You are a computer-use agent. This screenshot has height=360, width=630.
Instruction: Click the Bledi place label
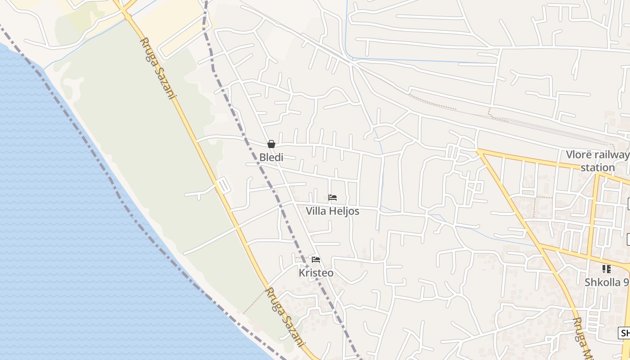tap(271, 157)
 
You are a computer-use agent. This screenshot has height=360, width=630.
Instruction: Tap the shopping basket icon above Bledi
tap(271, 144)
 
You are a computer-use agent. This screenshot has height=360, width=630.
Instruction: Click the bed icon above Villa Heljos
tap(333, 197)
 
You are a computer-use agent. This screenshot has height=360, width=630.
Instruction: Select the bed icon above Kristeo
tap(316, 260)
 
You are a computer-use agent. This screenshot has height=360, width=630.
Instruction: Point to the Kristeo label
tap(316, 273)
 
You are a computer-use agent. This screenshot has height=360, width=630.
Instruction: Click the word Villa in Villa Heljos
tap(316, 211)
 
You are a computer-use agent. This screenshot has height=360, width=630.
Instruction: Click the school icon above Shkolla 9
tap(607, 269)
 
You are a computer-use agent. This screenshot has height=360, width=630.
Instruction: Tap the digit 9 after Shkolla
tap(626, 283)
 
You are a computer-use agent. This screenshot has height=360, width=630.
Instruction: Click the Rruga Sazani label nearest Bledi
tap(157, 67)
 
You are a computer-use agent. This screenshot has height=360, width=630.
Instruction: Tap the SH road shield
tap(625, 333)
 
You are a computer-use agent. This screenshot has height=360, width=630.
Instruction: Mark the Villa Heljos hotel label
tap(333, 211)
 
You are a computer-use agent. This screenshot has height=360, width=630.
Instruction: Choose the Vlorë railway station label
tap(598, 161)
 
